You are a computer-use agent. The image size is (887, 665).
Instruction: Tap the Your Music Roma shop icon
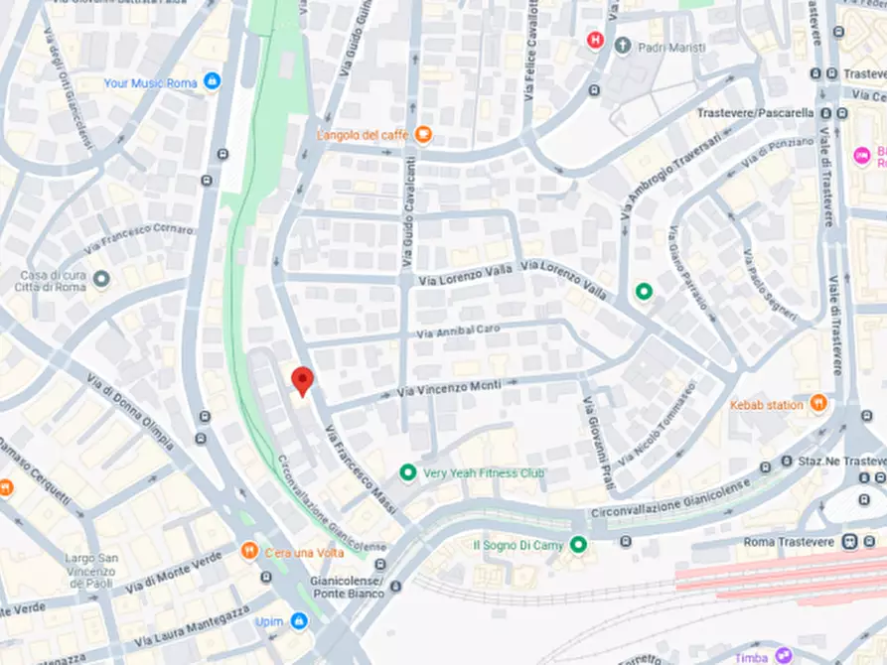[x=211, y=82]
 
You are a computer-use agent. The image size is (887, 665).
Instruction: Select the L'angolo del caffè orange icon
[x=423, y=134]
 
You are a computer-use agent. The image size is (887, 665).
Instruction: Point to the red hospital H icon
[x=596, y=41]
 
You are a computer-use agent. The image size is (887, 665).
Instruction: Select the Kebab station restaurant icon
[x=817, y=404]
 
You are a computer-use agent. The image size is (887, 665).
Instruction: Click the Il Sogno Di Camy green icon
[x=578, y=544]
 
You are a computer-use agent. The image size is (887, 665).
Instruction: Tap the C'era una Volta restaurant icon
[x=248, y=551]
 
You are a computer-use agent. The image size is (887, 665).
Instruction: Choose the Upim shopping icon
[x=298, y=621]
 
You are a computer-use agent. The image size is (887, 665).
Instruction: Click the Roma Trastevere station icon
[x=849, y=542]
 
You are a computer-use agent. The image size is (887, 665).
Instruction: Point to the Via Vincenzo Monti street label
[x=449, y=390]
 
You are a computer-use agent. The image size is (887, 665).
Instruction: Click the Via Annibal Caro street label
[x=458, y=330]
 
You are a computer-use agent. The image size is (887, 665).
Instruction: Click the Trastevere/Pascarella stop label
[x=754, y=113]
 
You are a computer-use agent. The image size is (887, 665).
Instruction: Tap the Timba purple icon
[x=784, y=655]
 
